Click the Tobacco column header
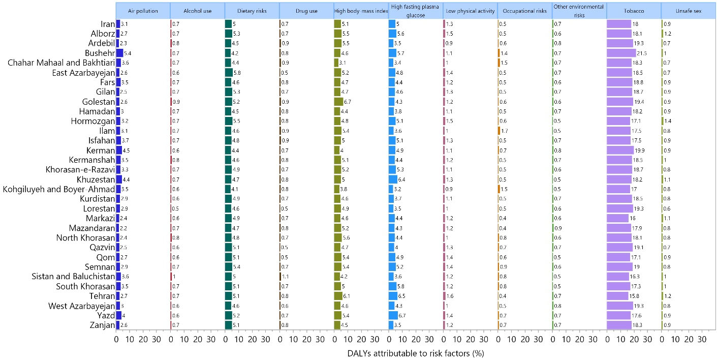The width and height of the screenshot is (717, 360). [x=633, y=11]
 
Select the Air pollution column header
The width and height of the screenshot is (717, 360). [x=142, y=11]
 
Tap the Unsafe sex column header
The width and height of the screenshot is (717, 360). [x=688, y=11]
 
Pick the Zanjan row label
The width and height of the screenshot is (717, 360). [x=102, y=325]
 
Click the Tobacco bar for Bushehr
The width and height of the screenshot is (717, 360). [x=621, y=53]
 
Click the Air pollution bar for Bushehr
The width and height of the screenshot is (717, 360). [x=120, y=53]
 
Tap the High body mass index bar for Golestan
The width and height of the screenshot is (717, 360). [x=339, y=102]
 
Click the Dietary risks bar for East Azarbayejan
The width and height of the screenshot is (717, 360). [x=229, y=73]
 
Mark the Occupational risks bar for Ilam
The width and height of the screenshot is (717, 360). [x=500, y=131]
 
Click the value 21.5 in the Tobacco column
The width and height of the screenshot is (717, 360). [x=642, y=53]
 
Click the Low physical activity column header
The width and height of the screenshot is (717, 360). [x=470, y=11]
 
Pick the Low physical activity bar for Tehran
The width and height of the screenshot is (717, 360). [x=445, y=296]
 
